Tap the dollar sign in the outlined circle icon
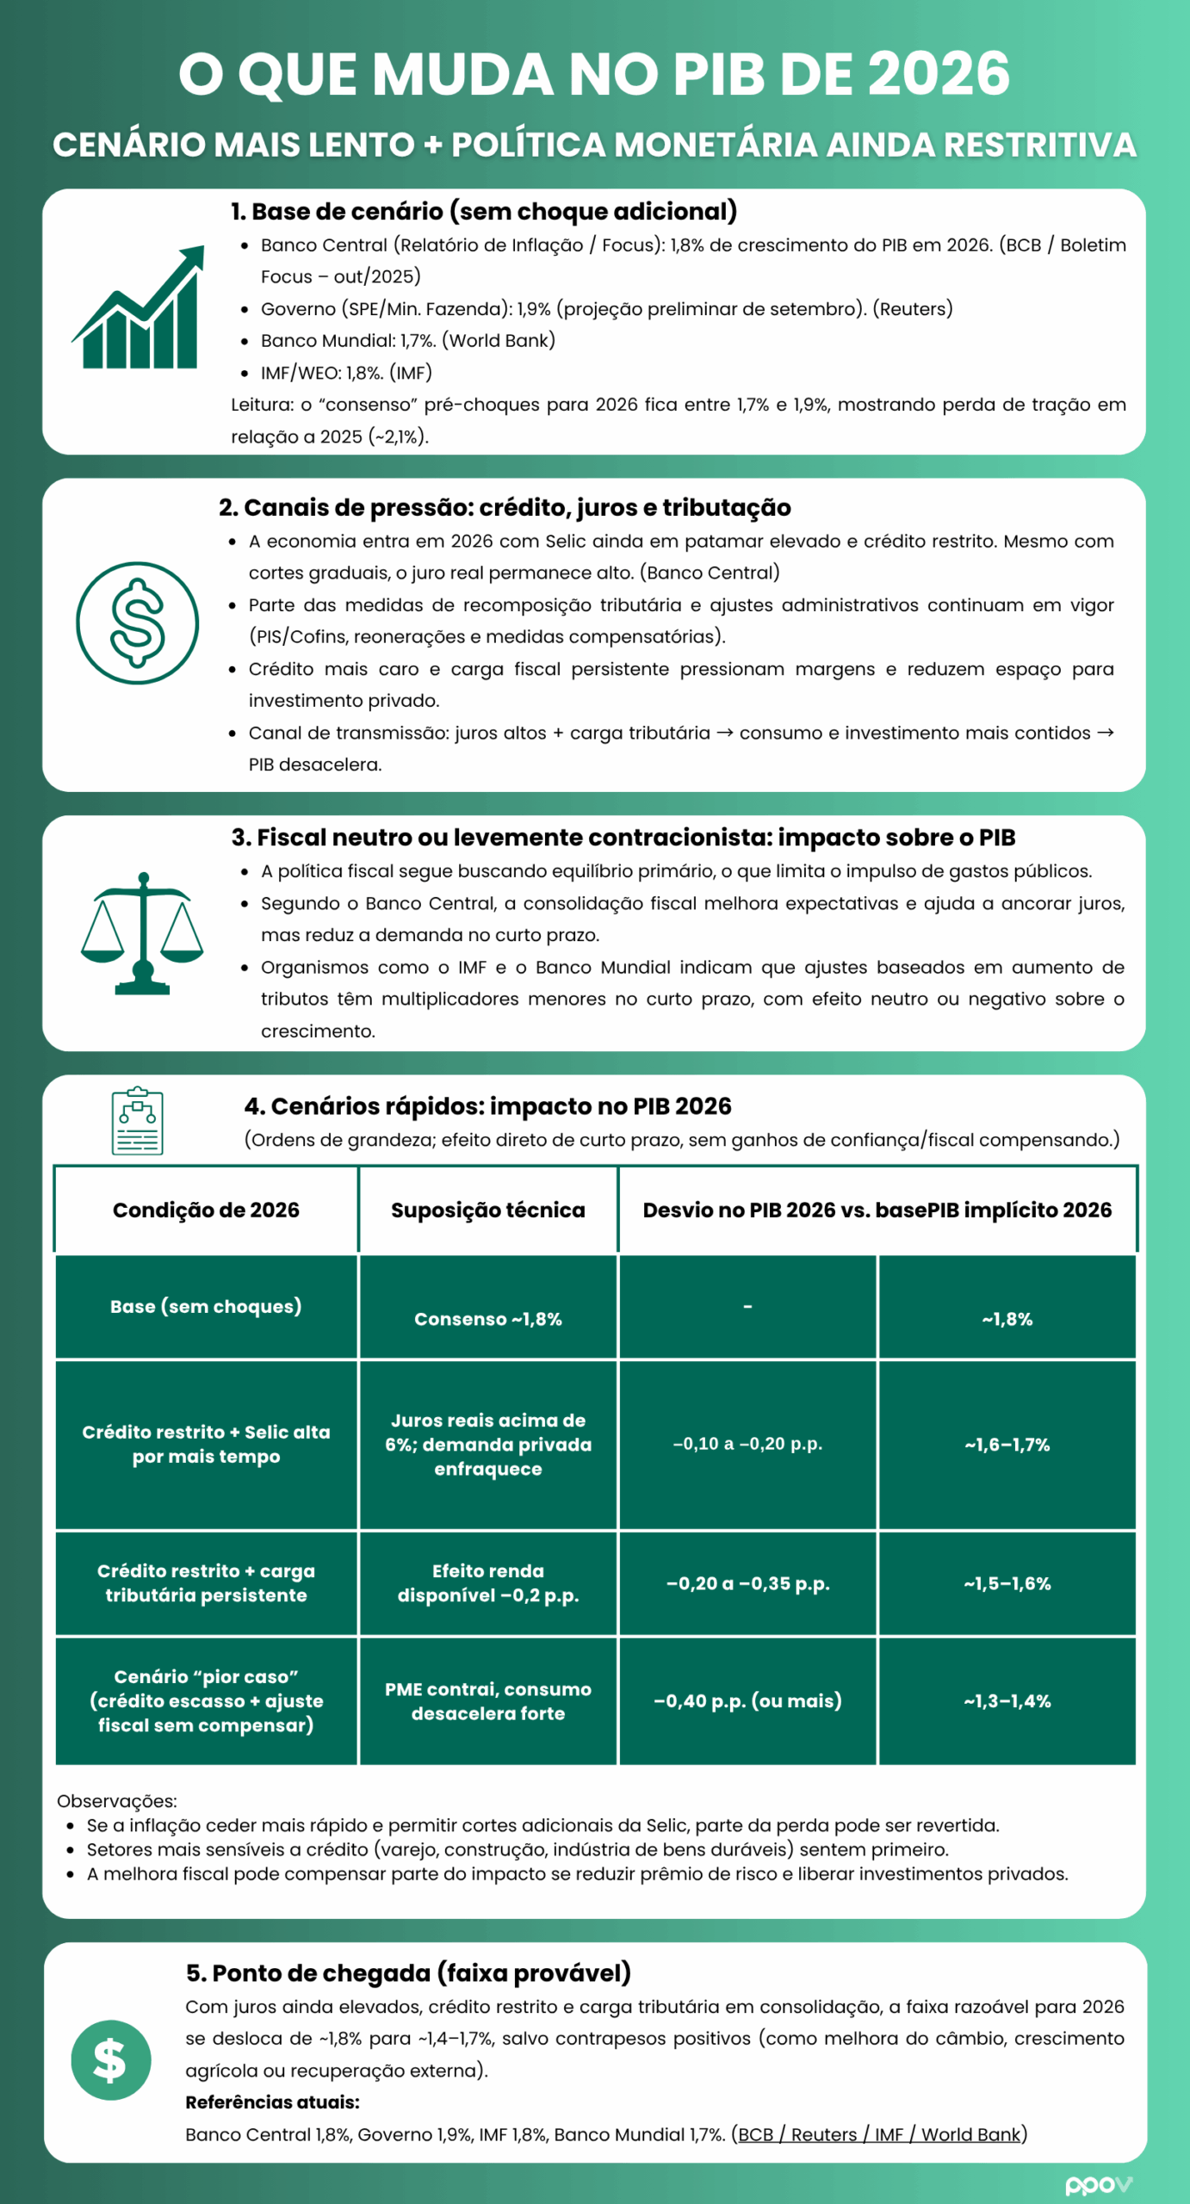[x=138, y=623]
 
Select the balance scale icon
[x=142, y=933]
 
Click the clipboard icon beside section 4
[x=138, y=1120]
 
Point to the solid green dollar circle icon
[x=111, y=2060]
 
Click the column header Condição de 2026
[x=206, y=1210]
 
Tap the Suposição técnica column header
[x=487, y=1210]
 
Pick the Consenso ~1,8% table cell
[x=487, y=1319]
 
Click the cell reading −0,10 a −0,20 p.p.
[x=747, y=1444]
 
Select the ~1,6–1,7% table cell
[x=1007, y=1445]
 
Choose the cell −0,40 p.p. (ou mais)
[x=747, y=1700]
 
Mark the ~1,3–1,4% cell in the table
[x=1007, y=1700]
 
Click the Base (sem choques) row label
[x=206, y=1306]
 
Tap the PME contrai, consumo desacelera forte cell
[x=487, y=1700]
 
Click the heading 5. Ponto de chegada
[x=408, y=1972]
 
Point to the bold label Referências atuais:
[x=272, y=2102]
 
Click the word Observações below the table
[x=116, y=1800]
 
